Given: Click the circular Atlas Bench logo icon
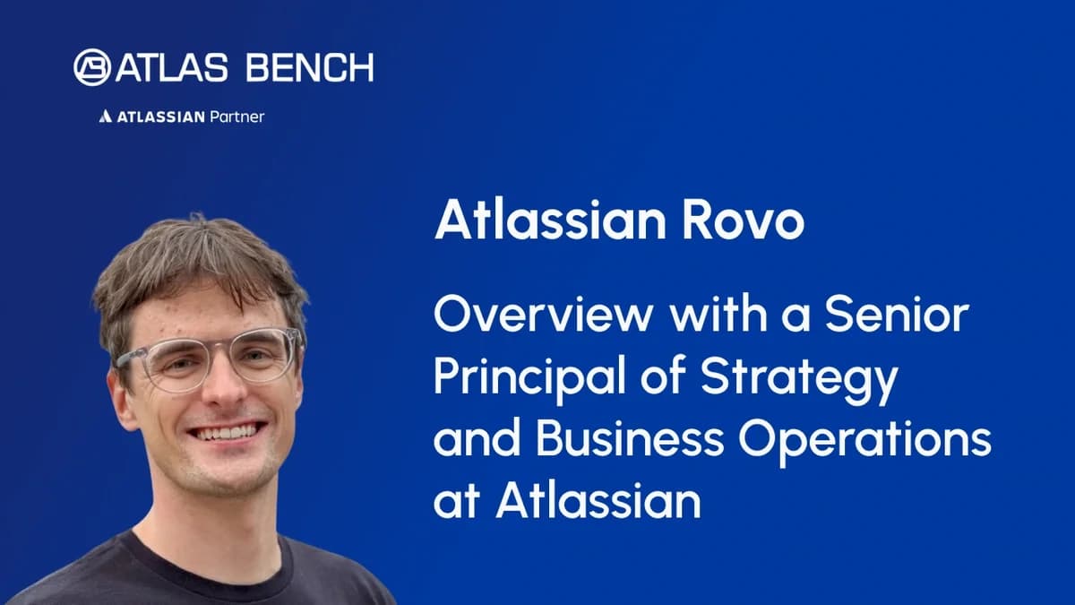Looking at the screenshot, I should [92, 68].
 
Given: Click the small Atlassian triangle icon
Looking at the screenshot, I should [105, 117].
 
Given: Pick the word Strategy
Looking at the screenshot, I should [797, 382].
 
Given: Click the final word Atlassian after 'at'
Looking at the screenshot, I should [598, 502].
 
